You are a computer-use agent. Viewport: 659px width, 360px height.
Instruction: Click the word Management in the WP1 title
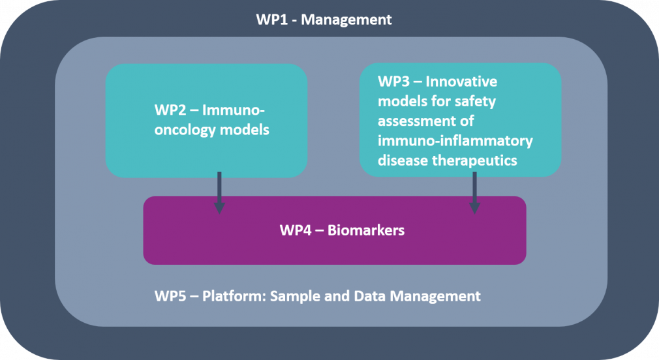pos(346,20)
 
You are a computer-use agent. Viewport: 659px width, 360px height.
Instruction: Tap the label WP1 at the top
pos(272,20)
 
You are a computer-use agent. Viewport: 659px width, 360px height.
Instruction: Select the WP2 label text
pos(170,110)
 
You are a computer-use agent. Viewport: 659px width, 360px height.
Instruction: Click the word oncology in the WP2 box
pos(185,130)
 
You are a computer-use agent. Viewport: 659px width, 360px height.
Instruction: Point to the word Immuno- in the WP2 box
pos(233,110)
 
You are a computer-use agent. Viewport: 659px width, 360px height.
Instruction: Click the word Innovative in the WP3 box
pos(461,82)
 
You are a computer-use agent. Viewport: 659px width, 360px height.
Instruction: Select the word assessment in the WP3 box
pos(426,121)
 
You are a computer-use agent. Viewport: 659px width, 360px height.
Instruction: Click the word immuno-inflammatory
pos(455,141)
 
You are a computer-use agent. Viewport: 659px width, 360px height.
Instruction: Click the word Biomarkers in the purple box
pos(365,230)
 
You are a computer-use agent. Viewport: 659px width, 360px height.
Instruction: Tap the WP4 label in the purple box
pos(296,230)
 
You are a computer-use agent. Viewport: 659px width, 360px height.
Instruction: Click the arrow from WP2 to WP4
pos(219,192)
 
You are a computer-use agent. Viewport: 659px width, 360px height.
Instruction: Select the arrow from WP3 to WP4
pos(474,192)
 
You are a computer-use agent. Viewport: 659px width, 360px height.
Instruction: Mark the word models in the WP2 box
pos(244,130)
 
